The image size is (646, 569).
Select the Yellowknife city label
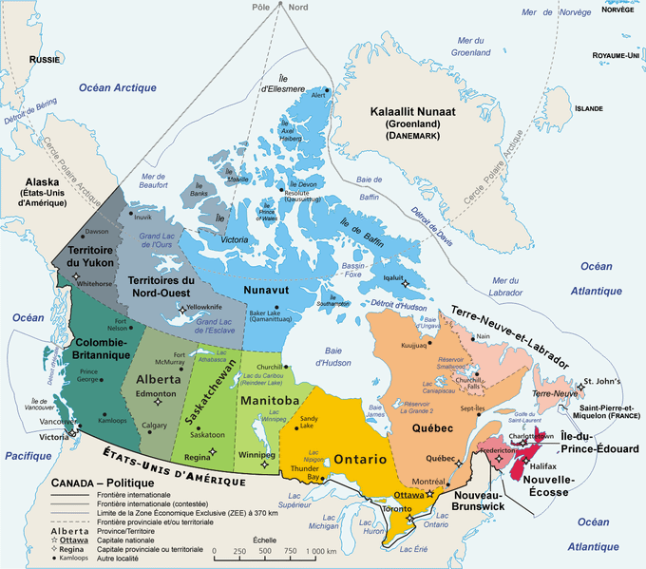[x=204, y=308]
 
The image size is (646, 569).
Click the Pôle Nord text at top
[x=279, y=8]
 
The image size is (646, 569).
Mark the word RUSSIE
[x=45, y=59]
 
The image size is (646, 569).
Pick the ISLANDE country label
[x=589, y=108]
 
